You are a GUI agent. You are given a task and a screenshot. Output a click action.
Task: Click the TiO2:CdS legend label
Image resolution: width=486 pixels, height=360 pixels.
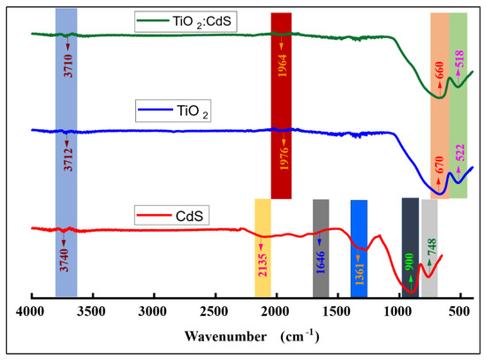point(192,17)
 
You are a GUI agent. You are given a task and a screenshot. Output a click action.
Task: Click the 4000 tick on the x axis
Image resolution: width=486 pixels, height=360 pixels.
point(31,311)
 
